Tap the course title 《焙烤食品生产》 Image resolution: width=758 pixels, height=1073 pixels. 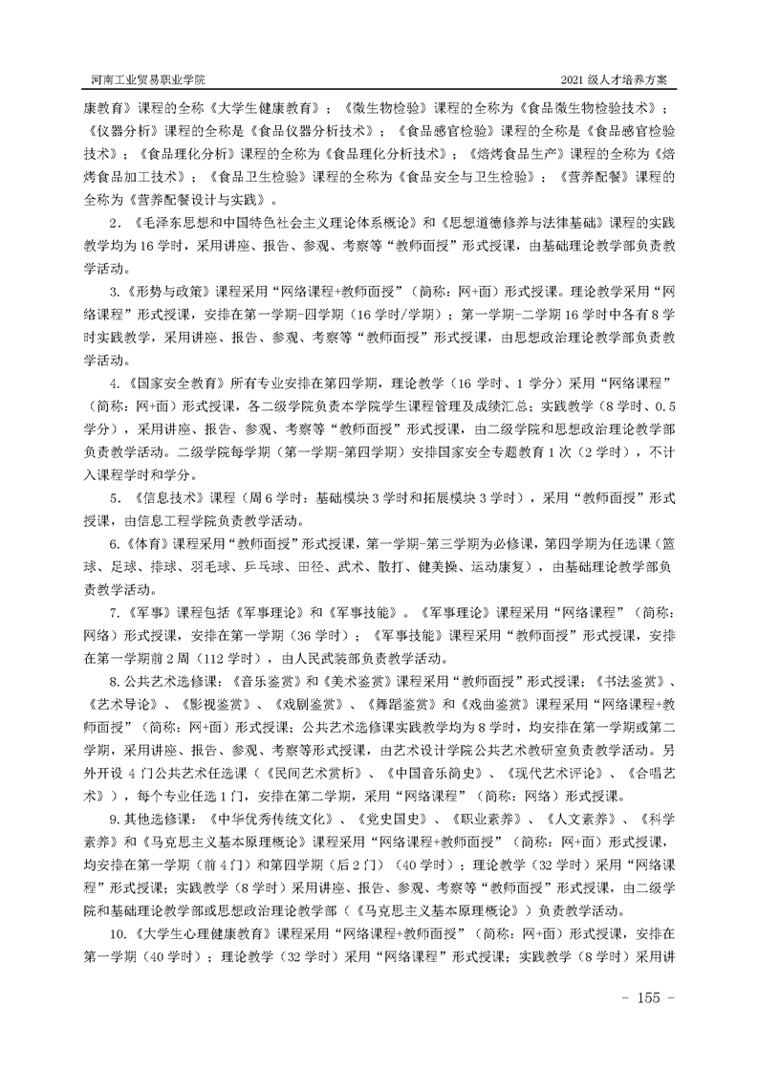tap(515, 154)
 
